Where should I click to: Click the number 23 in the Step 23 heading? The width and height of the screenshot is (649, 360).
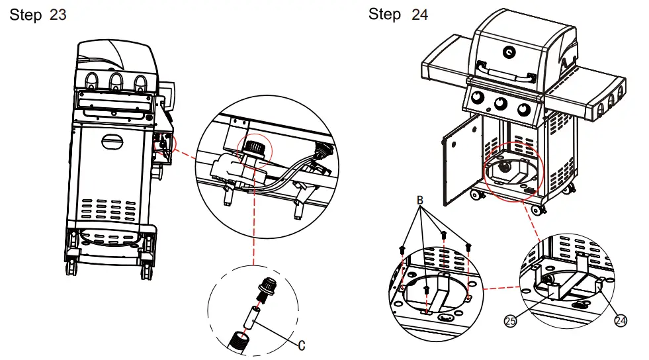click(x=58, y=15)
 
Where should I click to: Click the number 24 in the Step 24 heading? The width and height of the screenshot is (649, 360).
click(x=419, y=15)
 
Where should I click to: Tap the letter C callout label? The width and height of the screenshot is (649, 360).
click(x=301, y=345)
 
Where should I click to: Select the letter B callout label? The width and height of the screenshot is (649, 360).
click(x=419, y=201)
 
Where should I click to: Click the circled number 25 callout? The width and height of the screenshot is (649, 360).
click(x=510, y=321)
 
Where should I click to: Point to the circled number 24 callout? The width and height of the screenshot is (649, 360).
click(x=620, y=320)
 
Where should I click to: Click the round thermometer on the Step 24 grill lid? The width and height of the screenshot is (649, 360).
click(x=509, y=52)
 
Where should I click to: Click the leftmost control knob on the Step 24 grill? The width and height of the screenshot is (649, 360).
click(x=478, y=98)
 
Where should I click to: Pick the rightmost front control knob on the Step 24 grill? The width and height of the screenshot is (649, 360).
click(x=523, y=110)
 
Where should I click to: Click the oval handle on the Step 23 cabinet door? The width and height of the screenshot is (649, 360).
click(x=112, y=142)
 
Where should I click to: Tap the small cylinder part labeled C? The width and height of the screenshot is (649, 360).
click(x=251, y=318)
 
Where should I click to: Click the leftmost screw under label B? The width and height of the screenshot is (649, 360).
click(x=402, y=250)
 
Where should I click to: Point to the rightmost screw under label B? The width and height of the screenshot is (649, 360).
click(x=468, y=247)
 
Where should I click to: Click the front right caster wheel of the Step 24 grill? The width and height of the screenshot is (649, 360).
click(x=537, y=209)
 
